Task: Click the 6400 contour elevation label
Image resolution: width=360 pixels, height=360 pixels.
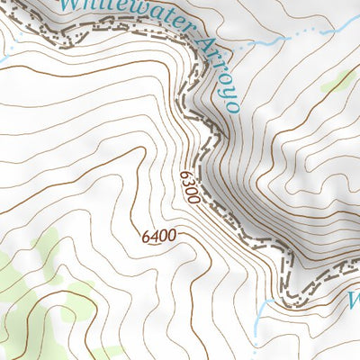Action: tap(157, 237)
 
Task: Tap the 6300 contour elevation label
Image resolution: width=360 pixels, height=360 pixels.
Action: tap(187, 186)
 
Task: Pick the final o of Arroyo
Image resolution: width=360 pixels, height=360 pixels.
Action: tap(232, 106)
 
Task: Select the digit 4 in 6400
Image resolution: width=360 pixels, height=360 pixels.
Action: tap(154, 237)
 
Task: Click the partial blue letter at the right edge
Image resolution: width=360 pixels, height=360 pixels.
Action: tap(354, 297)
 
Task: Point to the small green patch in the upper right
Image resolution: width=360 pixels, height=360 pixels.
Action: tap(337, 81)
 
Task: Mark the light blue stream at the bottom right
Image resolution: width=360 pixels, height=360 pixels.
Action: tap(261, 315)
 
